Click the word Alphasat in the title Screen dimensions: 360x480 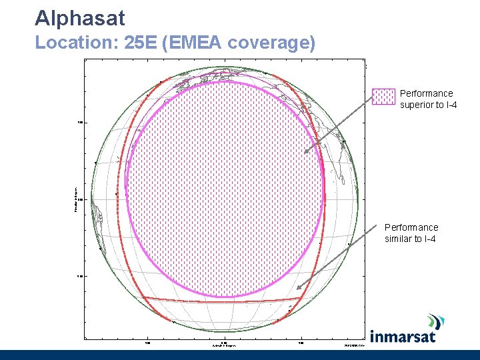click(x=79, y=18)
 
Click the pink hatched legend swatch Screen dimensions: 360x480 click(x=383, y=97)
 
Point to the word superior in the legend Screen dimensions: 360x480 click(x=416, y=105)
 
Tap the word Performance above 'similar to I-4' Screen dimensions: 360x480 click(x=411, y=227)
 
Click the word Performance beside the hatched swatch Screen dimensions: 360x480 click(x=426, y=93)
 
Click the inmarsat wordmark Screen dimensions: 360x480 click(x=403, y=336)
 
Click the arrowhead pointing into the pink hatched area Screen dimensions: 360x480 click(x=307, y=151)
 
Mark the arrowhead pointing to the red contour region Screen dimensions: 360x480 click(x=299, y=287)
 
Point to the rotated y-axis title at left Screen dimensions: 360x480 click(x=75, y=199)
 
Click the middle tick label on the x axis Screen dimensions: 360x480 click(x=224, y=343)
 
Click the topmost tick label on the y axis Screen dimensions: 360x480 click(x=79, y=122)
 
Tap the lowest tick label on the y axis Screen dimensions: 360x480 click(x=79, y=275)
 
